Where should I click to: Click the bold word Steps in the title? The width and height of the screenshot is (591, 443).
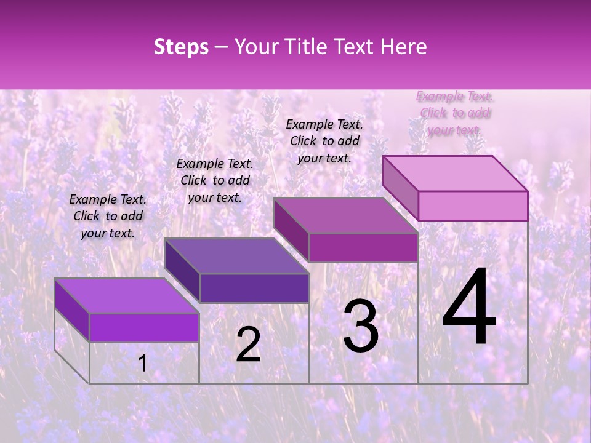tap(181, 47)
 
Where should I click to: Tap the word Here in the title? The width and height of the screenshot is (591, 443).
tap(404, 47)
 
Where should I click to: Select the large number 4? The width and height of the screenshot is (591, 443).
tap(469, 308)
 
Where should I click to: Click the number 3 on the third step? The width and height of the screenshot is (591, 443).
tap(361, 326)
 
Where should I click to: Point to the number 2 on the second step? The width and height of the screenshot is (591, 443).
tap(248, 345)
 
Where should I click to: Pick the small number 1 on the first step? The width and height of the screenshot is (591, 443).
tap(142, 364)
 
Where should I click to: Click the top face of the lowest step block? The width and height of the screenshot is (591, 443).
tap(126, 296)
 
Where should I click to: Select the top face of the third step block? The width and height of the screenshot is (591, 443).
tap(345, 215)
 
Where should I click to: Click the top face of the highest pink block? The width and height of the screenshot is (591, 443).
tap(455, 174)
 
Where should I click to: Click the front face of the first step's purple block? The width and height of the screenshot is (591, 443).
tap(144, 327)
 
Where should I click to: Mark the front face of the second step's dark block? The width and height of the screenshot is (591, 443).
tap(254, 288)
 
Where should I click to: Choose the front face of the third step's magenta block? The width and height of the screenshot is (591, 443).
tap(363, 247)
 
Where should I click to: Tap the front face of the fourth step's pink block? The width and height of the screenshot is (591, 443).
tap(473, 206)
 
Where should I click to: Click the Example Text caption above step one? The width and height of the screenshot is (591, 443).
tap(108, 216)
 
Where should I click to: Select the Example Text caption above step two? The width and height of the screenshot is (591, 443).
tap(215, 180)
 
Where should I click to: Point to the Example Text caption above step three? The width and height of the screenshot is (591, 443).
tap(324, 141)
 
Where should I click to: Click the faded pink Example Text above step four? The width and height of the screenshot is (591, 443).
tap(455, 113)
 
